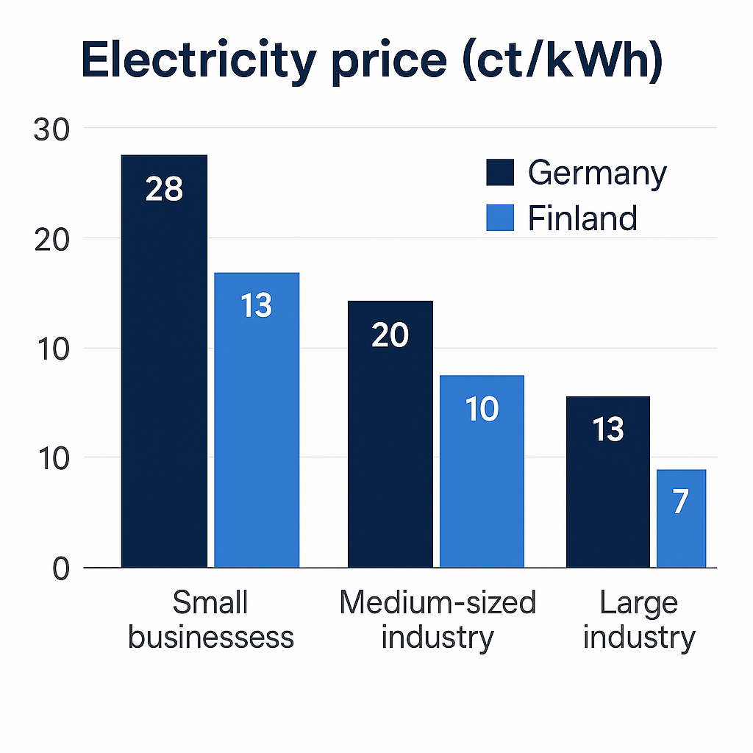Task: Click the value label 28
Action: pyautogui.click(x=164, y=189)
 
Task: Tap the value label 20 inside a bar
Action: pyautogui.click(x=390, y=335)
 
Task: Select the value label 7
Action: pyautogui.click(x=681, y=502)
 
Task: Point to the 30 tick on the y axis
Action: pyautogui.click(x=51, y=129)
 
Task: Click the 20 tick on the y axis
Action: pyautogui.click(x=51, y=239)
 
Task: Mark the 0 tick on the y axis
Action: pyautogui.click(x=60, y=569)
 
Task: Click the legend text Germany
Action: pyautogui.click(x=597, y=174)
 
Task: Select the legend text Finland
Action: pyautogui.click(x=582, y=218)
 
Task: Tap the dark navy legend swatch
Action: pyautogui.click(x=500, y=174)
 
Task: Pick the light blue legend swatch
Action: pyautogui.click(x=500, y=218)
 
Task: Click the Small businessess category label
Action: pyautogui.click(x=210, y=620)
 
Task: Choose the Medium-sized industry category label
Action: pyautogui.click(x=438, y=620)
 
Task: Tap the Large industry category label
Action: pyautogui.click(x=638, y=620)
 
